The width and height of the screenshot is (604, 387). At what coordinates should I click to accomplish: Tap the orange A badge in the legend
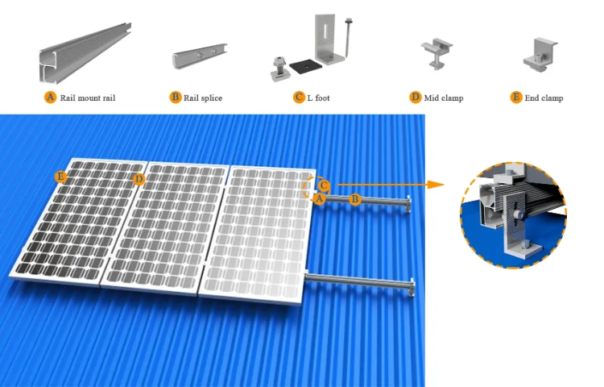coord(50,98)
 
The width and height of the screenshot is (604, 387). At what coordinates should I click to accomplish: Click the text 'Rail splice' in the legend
coord(202,98)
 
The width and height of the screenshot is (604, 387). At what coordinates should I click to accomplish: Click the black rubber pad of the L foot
coord(304,68)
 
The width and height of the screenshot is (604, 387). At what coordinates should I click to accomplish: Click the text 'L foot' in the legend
coord(318,98)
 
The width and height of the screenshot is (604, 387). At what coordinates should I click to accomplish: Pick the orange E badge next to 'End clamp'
coord(516,98)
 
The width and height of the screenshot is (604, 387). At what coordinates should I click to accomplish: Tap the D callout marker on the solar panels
coord(139,178)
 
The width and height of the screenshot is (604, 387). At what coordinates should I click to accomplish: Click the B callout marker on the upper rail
coord(354,198)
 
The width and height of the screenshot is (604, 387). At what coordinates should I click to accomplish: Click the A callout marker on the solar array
coord(319,198)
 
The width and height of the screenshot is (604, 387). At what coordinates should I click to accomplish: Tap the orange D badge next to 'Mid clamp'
coord(416,98)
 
